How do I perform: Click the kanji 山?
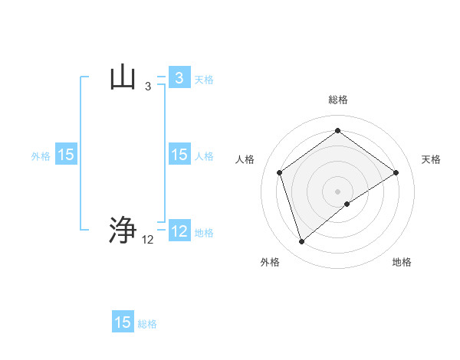[123, 78]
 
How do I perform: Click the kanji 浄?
[123, 231]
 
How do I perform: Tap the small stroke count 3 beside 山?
[148, 87]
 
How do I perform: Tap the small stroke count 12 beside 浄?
[148, 240]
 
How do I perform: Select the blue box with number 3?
[179, 78]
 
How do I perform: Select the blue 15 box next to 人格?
[179, 155]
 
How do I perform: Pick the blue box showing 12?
[179, 231]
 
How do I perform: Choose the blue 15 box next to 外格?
[66, 155]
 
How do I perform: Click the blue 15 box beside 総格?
[123, 322]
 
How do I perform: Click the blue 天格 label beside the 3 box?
[204, 79]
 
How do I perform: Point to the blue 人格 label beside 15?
[204, 155]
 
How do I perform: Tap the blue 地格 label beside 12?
[204, 232]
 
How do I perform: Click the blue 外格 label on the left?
[41, 155]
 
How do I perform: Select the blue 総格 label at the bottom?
[147, 323]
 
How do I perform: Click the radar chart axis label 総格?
[337, 100]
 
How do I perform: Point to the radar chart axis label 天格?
[431, 159]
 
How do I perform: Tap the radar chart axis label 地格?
[402, 262]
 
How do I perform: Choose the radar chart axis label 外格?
[270, 262]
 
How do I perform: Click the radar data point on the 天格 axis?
[396, 172]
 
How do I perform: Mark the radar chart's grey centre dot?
[337, 191]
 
